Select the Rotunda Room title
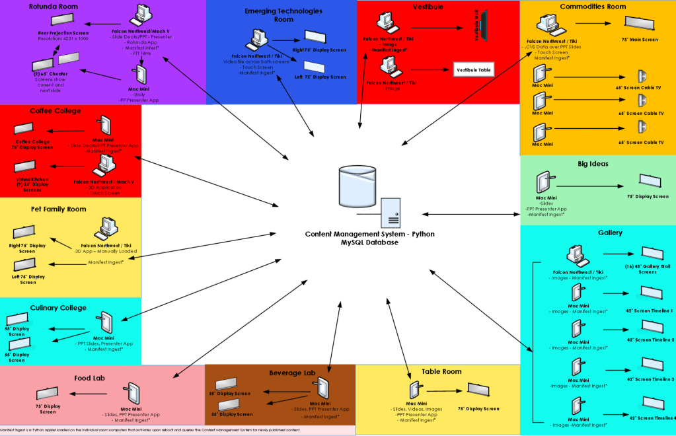(x=54, y=7)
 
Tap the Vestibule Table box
(x=473, y=70)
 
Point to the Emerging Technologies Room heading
(x=283, y=15)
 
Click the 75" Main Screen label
(x=640, y=40)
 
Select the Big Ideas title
(x=593, y=163)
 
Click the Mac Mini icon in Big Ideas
(x=543, y=182)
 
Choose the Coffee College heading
(x=56, y=111)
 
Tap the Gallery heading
(x=610, y=233)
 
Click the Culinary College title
(x=58, y=308)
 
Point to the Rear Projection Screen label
(x=63, y=31)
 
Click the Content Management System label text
(x=369, y=235)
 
